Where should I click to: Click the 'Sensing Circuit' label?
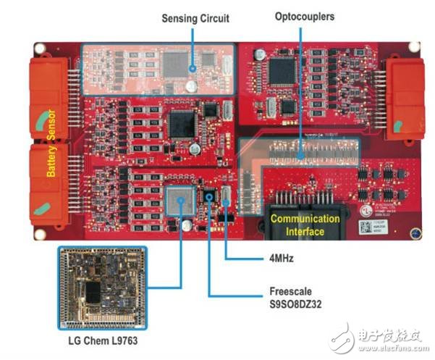(195, 18)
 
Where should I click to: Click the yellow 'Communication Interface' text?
(304, 224)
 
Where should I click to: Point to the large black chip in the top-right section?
(282, 71)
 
